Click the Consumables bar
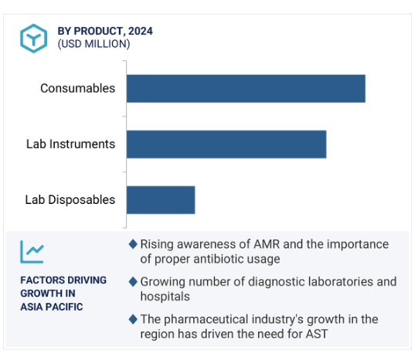click(x=246, y=89)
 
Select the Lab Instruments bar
click(x=226, y=144)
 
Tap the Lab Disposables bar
click(x=161, y=200)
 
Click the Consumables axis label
click(x=77, y=88)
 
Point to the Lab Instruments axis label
click(x=70, y=144)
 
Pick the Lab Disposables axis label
click(x=70, y=199)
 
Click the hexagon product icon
click(x=33, y=39)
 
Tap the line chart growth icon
click(x=32, y=252)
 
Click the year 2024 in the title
click(x=141, y=31)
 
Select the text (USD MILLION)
click(x=93, y=44)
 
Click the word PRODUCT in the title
click(x=98, y=31)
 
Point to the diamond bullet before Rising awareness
click(x=133, y=244)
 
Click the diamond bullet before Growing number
click(x=133, y=282)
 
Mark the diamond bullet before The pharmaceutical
click(x=133, y=319)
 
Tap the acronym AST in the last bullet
click(x=317, y=334)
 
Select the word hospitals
click(x=165, y=297)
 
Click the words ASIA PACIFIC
click(x=52, y=307)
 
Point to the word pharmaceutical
click(x=206, y=319)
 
